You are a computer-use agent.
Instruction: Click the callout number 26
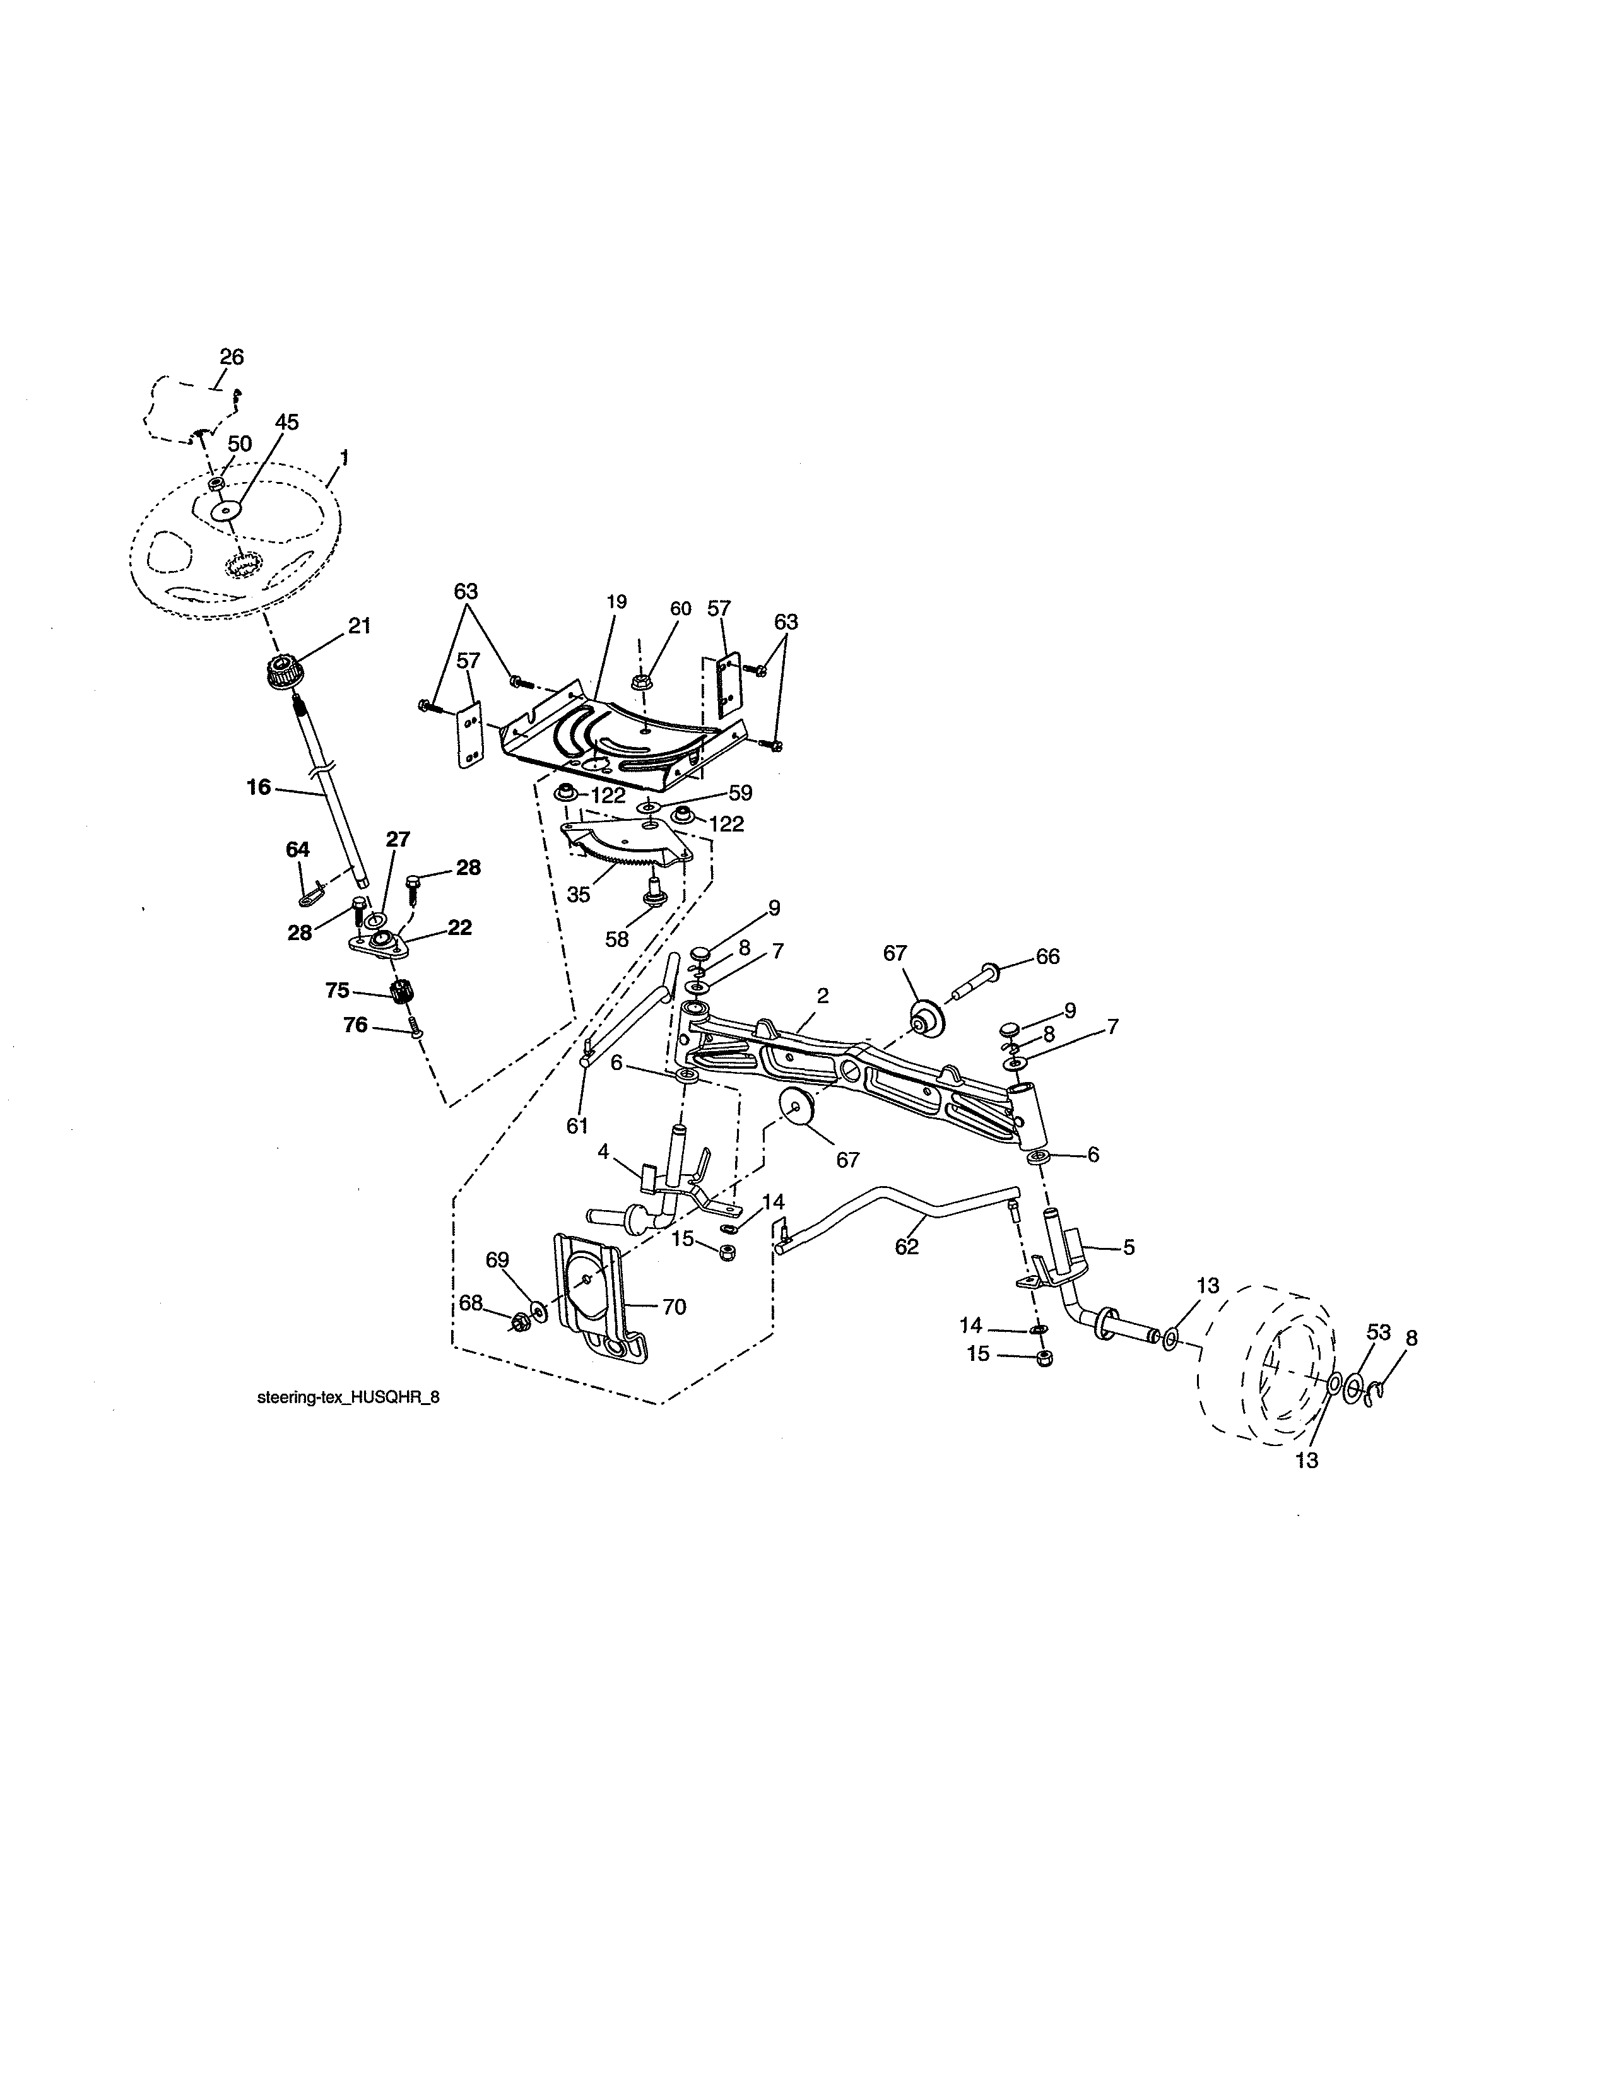pyautogui.click(x=232, y=356)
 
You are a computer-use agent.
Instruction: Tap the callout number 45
pyautogui.click(x=286, y=422)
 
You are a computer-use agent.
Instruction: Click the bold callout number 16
pyautogui.click(x=258, y=787)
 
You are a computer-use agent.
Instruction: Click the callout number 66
pyautogui.click(x=1047, y=956)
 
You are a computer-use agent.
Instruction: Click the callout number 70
pyautogui.click(x=673, y=1307)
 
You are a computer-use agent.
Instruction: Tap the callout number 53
pyautogui.click(x=1378, y=1332)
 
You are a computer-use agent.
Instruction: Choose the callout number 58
pyautogui.click(x=616, y=939)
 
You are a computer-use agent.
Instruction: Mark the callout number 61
pyautogui.click(x=577, y=1126)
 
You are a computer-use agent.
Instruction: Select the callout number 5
pyautogui.click(x=1129, y=1246)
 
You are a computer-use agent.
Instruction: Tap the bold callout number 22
pyautogui.click(x=459, y=927)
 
